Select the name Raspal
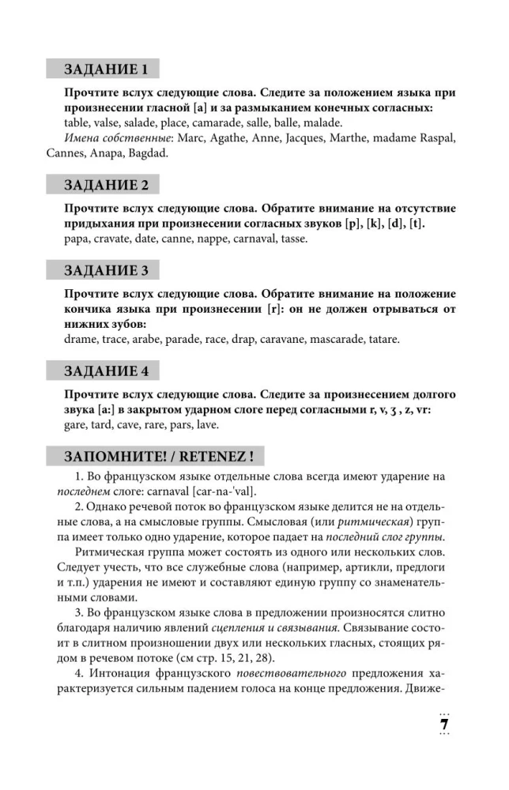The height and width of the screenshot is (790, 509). [x=435, y=138]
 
